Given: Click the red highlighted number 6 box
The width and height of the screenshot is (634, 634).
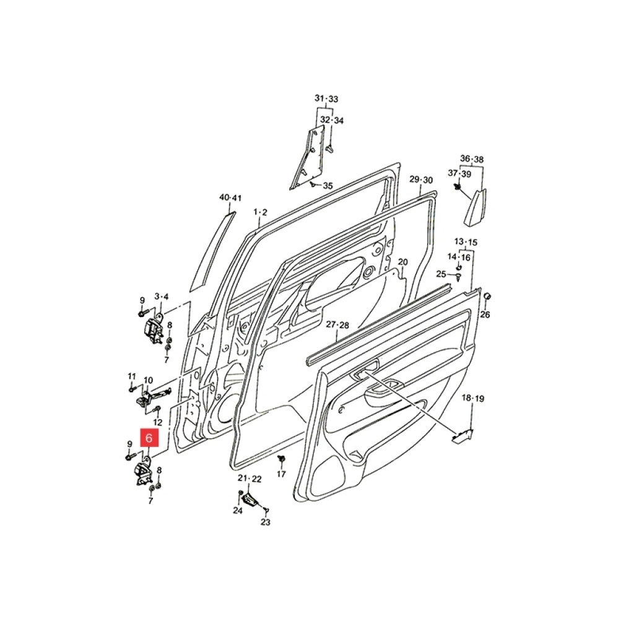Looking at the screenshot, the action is point(149,438).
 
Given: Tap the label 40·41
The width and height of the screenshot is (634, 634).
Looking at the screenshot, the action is point(230,198).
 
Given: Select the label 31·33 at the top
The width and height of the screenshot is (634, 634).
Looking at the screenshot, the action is point(326,98).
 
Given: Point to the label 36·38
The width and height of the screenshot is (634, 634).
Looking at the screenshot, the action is point(472,159).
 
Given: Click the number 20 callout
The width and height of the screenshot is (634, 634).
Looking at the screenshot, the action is point(402,262).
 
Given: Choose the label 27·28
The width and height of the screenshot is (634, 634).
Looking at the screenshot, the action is point(337,324).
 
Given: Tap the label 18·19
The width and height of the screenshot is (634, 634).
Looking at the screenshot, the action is point(473,398).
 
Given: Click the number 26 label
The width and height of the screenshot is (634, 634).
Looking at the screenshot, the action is point(485,314).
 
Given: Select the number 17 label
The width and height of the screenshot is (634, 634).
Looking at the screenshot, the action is point(282,474).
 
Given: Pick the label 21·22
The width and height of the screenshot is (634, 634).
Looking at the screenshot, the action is point(250,479).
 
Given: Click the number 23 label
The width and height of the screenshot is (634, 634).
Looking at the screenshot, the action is point(265,522).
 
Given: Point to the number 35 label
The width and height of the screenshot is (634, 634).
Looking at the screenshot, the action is point(328,186).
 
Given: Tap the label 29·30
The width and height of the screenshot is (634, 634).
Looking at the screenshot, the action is point(421,180).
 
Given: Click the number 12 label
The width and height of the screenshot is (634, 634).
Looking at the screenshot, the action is point(158,422).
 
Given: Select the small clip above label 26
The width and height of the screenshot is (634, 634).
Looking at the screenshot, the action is point(487,297).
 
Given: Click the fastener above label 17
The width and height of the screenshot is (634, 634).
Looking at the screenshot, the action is point(282,459).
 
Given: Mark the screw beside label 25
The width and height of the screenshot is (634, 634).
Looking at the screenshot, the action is point(458,277).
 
